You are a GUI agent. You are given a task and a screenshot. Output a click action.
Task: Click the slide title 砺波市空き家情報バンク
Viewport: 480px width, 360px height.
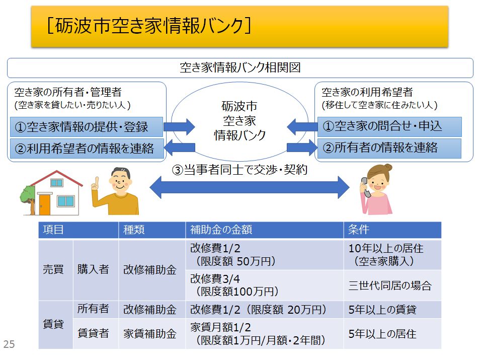[x=149, y=25]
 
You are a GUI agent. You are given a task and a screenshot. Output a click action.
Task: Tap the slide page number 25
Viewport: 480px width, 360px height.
[x=9, y=344]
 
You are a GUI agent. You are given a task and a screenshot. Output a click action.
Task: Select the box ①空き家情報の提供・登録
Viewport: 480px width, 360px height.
[x=87, y=126]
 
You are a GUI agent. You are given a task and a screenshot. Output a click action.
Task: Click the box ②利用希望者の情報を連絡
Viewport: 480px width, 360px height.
[x=87, y=149]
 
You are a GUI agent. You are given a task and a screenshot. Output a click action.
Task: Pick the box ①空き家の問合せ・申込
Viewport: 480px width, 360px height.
[x=389, y=126]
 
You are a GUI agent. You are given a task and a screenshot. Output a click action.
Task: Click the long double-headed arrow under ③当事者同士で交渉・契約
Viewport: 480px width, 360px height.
[x=250, y=187]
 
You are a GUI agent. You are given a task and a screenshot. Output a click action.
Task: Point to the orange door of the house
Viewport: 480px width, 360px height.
[x=44, y=204]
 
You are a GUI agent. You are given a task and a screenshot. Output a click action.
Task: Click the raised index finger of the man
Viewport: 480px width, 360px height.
[x=97, y=181]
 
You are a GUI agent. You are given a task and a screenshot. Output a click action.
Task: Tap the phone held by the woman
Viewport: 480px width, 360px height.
[x=365, y=187]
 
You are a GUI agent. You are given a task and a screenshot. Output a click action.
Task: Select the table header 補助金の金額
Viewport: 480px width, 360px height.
[x=221, y=230]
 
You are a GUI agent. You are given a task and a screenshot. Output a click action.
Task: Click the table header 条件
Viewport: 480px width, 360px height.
[x=358, y=230]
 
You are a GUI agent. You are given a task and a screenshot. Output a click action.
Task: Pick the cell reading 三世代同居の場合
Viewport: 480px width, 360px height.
[x=390, y=285]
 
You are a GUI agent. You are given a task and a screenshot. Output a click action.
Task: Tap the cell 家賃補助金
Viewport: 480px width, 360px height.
[x=150, y=334]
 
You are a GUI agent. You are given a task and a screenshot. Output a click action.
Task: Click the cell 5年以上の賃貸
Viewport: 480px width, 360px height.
[x=382, y=310]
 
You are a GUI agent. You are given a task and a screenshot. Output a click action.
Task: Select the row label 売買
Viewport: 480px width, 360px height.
[x=53, y=269]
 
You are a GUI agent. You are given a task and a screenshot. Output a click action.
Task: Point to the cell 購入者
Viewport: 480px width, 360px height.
[x=93, y=269]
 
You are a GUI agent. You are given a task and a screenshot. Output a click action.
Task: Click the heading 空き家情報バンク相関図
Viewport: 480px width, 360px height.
[x=241, y=67]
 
